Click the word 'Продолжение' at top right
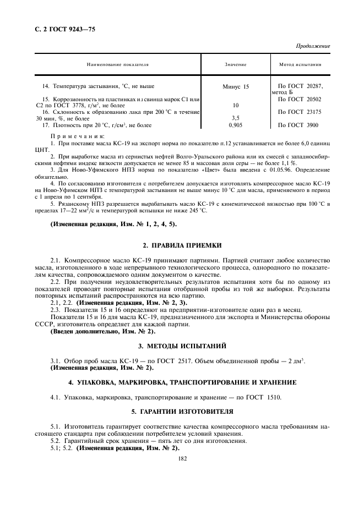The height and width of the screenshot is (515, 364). (x=313, y=46)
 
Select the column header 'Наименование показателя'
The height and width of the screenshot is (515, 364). (x=117, y=65)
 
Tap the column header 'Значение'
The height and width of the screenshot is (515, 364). (x=235, y=65)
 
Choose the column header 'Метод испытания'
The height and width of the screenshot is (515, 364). (x=300, y=65)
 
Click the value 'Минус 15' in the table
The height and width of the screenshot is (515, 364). (x=236, y=87)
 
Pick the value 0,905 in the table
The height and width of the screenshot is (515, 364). (x=236, y=125)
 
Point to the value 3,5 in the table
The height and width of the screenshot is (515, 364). (x=236, y=118)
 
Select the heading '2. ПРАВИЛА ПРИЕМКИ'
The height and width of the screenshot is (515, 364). (x=182, y=245)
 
